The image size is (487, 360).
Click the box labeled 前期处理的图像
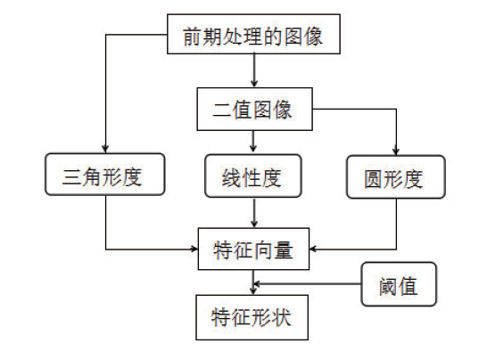pos(253,34)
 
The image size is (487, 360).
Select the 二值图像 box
pos(255,109)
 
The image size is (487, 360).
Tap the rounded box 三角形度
pos(105,175)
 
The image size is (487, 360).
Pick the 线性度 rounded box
pos(253,176)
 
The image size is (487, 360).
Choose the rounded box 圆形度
pos(396,176)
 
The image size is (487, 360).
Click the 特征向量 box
pos(253,249)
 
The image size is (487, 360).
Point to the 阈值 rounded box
pos(399,284)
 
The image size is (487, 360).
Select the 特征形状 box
pos(252,317)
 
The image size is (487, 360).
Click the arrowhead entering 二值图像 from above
pos(254,83)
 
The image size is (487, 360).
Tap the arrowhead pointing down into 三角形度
pos(105,149)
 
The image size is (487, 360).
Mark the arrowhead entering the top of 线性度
pos(253,149)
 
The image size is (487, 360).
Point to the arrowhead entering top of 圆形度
pos(396,151)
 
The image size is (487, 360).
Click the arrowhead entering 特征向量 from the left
pos(194,249)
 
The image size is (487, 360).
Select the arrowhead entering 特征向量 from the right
pos(313,249)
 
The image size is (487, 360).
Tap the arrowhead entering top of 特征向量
pos(254,224)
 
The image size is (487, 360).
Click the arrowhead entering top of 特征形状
pos(253,290)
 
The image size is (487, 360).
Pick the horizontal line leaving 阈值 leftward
pos(308,283)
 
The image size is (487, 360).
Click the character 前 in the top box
pos(192,37)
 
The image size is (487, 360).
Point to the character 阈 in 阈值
pos(388,286)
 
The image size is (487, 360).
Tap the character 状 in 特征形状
pos(281,318)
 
